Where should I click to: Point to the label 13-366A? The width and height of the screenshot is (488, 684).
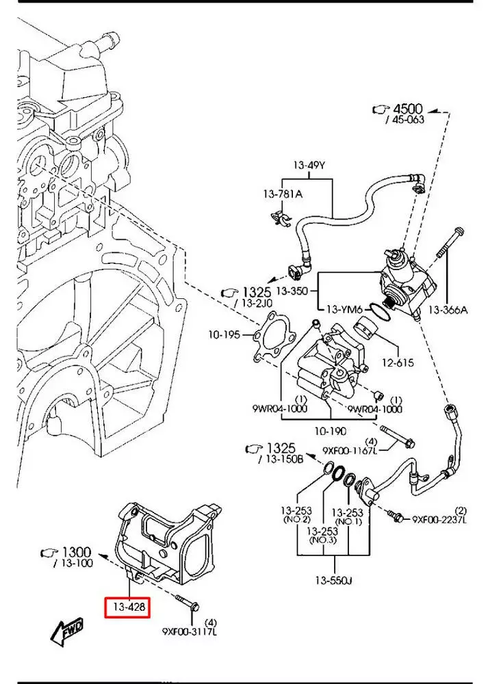coord(448,310)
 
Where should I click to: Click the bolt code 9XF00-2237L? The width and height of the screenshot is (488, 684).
coord(439,520)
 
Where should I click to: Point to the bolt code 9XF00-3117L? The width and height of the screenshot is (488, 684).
coord(189,631)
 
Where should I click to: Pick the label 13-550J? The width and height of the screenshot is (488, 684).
coord(333,581)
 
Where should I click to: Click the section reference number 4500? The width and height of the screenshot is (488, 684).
coord(408,109)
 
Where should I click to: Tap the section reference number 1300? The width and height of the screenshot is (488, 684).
coord(76,551)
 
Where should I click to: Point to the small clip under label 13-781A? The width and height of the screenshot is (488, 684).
coord(281,217)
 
